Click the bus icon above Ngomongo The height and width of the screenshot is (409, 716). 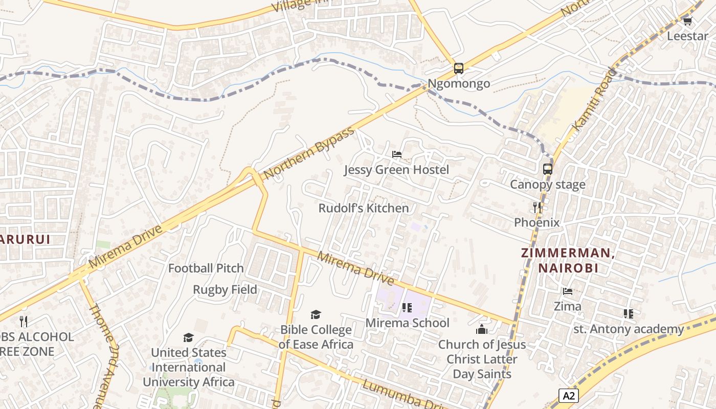(459, 69)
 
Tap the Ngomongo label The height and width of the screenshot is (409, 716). (459, 84)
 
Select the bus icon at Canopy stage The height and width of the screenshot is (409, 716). (548, 169)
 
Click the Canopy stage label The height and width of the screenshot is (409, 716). (548, 185)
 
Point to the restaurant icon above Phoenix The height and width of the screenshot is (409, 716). (537, 207)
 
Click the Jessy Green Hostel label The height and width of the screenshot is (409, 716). (396, 170)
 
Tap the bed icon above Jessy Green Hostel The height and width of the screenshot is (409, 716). (396, 154)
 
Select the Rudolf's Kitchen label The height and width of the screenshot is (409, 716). (364, 209)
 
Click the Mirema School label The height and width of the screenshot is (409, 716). (407, 323)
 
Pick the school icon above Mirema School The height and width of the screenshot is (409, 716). (407, 308)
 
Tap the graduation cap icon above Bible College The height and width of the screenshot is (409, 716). (316, 314)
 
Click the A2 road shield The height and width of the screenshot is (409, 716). (568, 395)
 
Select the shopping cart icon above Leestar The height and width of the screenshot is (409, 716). (688, 21)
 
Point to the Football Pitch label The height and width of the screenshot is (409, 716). (206, 268)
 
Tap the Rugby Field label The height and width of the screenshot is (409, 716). (225, 290)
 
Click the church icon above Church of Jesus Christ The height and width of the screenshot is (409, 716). (481, 329)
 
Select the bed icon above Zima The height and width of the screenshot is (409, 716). (568, 291)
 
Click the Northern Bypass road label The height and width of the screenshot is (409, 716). (309, 153)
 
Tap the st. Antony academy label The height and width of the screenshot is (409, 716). (629, 329)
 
